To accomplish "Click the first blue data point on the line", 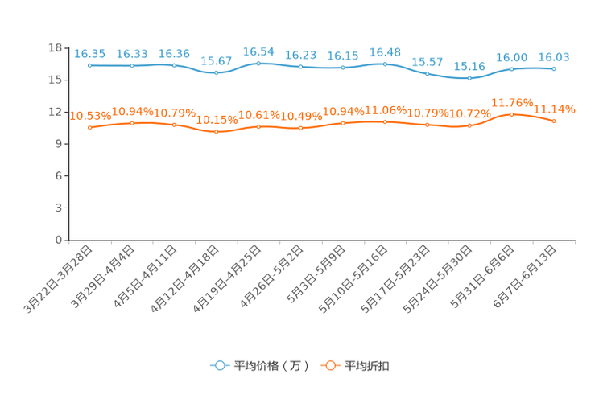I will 90,65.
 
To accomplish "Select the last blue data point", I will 554,69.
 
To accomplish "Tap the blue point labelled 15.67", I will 216,73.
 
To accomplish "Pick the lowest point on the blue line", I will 469,78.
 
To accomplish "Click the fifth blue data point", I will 258,63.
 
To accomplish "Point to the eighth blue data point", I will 385,64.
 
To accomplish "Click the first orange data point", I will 90,127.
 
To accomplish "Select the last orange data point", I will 554,121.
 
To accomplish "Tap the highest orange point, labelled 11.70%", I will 512,114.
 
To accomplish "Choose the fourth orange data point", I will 216,131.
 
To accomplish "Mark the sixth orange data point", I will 300,128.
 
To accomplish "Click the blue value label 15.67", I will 216,61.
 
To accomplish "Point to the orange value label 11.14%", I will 556,109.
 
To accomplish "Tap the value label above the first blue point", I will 89,54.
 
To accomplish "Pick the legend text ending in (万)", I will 271,366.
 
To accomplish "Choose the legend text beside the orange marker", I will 368,366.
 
